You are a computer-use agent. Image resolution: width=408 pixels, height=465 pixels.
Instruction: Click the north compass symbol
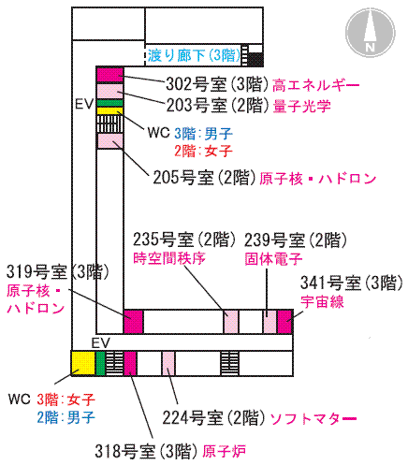(370, 33)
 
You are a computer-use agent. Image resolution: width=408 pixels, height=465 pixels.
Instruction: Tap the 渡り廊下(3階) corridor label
(194, 56)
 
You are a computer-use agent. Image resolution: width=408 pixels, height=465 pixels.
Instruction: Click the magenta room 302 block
(109, 75)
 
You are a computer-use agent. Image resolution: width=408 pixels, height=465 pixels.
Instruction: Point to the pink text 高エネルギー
(315, 85)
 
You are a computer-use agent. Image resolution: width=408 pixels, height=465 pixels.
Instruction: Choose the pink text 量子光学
(301, 106)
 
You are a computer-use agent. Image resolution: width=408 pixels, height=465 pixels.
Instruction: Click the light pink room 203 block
(109, 92)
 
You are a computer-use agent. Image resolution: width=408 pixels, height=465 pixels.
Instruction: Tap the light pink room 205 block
(110, 140)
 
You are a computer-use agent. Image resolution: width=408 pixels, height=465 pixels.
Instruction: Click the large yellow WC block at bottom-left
(83, 363)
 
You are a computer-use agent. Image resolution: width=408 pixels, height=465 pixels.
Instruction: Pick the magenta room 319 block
(133, 321)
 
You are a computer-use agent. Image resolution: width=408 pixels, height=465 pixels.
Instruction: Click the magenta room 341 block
(284, 321)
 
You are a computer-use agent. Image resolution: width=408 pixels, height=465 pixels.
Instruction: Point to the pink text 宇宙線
(322, 301)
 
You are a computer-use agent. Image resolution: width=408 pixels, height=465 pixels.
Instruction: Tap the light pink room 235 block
(231, 321)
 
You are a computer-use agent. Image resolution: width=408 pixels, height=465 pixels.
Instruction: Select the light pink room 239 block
(270, 321)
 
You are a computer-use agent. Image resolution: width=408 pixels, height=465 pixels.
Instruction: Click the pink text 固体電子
(273, 258)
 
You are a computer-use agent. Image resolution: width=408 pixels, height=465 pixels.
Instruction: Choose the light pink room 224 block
(168, 363)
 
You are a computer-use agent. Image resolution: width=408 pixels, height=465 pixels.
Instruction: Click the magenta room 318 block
(130, 363)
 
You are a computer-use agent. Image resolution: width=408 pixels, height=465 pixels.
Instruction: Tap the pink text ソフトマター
(313, 419)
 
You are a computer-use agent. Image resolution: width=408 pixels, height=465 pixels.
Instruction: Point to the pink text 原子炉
(224, 451)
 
